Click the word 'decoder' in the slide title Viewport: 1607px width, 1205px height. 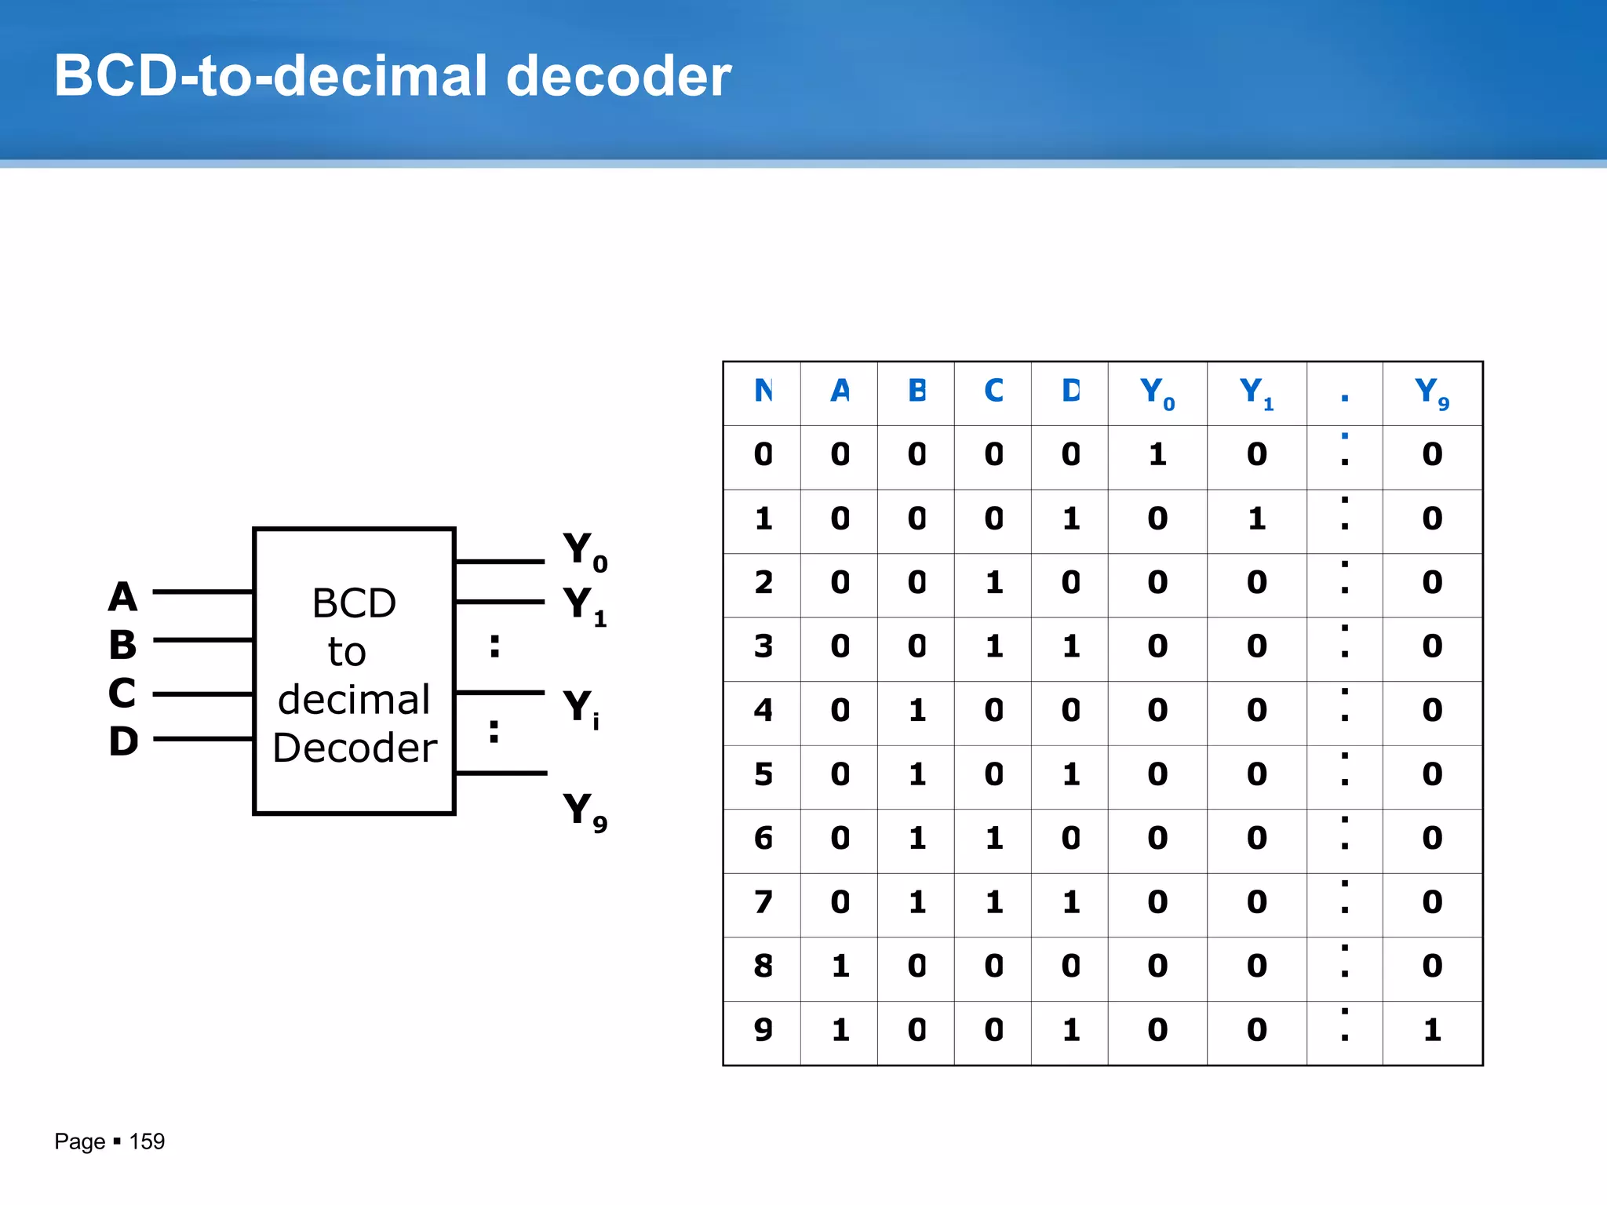click(x=618, y=76)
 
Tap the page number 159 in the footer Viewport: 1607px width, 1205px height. click(x=147, y=1141)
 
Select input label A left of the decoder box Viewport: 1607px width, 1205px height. click(x=123, y=597)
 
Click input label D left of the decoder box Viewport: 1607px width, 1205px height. click(x=123, y=741)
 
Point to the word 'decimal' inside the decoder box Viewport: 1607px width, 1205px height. click(x=354, y=699)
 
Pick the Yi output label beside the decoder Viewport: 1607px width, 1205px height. click(x=581, y=708)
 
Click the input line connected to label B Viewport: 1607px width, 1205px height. click(x=202, y=640)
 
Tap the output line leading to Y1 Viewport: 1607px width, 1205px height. click(x=499, y=602)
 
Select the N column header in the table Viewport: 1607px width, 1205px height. click(x=763, y=391)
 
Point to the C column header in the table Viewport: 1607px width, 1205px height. click(x=993, y=391)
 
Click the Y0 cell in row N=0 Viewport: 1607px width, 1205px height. click(x=1157, y=455)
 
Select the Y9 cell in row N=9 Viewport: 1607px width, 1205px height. click(x=1432, y=1030)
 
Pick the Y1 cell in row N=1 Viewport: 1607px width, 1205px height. click(x=1256, y=519)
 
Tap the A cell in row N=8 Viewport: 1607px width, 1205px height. click(x=840, y=966)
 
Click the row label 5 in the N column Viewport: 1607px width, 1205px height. click(x=763, y=774)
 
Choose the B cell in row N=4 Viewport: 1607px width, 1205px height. click(x=916, y=711)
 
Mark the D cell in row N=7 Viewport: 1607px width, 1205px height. click(x=1070, y=902)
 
